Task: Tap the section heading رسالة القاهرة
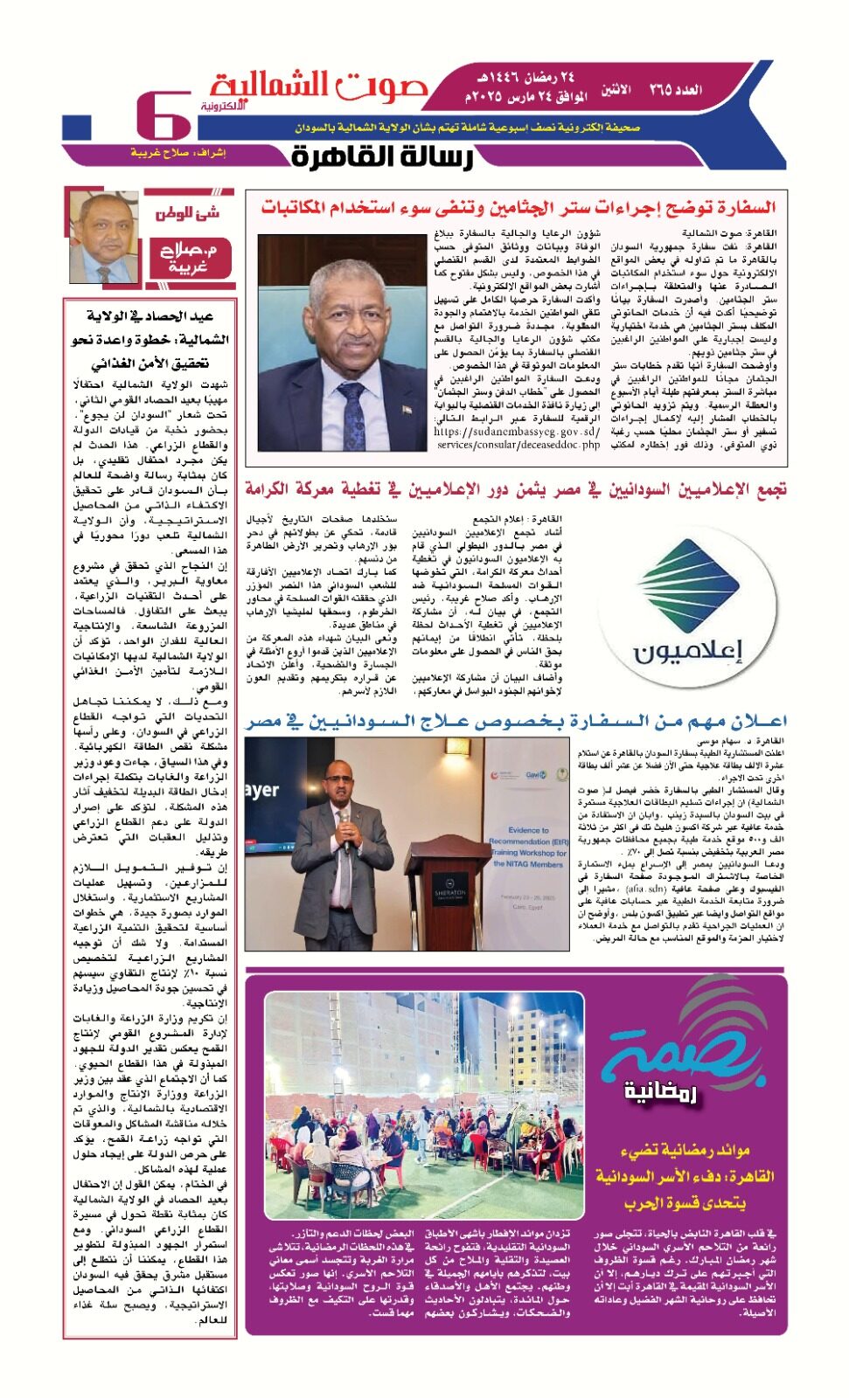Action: tap(383, 156)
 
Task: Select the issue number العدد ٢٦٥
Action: tap(675, 90)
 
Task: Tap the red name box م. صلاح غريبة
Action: tap(187, 257)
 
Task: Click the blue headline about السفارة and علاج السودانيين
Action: tap(516, 721)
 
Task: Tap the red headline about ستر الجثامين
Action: tap(518, 208)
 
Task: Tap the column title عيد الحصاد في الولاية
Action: tap(150, 315)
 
